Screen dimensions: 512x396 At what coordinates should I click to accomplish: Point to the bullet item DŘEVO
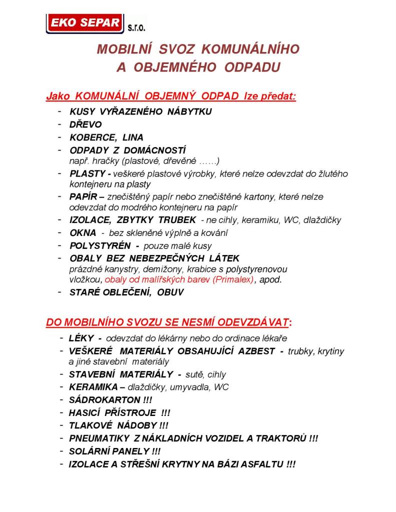[86, 124]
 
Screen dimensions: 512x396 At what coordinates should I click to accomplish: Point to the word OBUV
[171, 292]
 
